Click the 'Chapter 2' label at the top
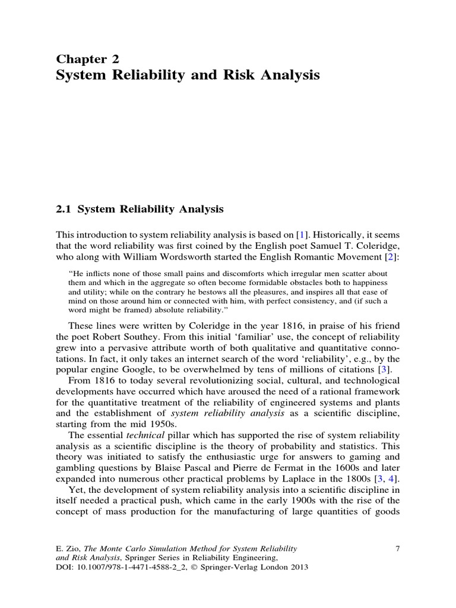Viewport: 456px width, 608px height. point(87,58)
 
